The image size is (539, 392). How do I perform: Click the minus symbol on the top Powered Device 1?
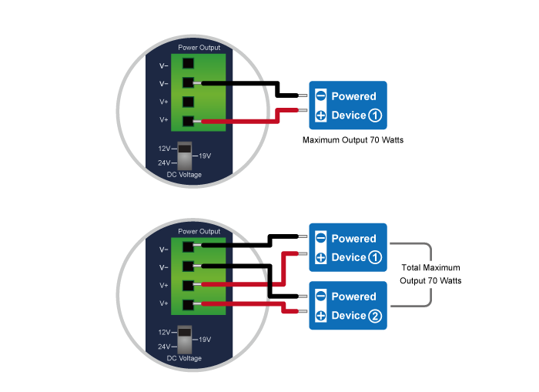[320, 96]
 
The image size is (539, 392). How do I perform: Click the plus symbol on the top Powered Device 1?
[320, 116]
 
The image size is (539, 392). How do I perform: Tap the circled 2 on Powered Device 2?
[374, 316]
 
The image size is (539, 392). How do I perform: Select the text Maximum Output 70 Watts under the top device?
[353, 141]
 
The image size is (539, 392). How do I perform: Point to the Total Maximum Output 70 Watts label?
[430, 274]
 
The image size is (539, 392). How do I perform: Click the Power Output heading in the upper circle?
[199, 48]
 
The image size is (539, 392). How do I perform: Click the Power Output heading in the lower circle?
[199, 231]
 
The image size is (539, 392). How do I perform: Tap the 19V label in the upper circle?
[204, 156]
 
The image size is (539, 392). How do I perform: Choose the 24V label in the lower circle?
[164, 347]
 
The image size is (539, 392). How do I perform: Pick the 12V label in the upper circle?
[164, 148]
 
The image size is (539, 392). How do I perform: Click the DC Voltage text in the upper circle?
[184, 175]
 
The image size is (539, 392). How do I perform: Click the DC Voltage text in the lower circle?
[184, 358]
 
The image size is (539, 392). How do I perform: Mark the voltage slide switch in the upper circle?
[184, 156]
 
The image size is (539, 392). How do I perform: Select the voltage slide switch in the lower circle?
[184, 340]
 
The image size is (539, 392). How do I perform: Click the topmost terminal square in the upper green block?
[188, 65]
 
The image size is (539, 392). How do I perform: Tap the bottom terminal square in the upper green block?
[188, 121]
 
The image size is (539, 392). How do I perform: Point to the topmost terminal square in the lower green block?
[188, 248]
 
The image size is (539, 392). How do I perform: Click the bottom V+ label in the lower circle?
[164, 303]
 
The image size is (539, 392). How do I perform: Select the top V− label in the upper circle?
[164, 65]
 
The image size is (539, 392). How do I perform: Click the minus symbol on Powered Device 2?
[320, 297]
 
